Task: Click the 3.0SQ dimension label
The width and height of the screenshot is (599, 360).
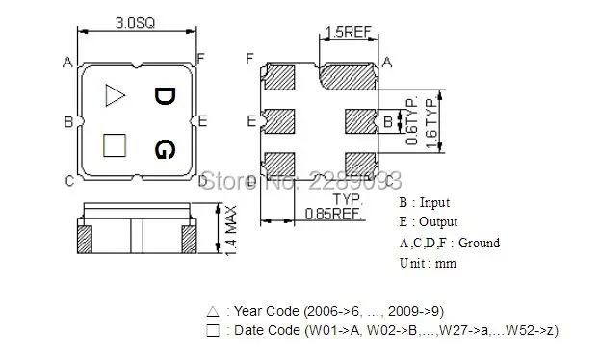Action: [133, 20]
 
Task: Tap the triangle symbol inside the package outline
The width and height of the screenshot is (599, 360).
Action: [115, 94]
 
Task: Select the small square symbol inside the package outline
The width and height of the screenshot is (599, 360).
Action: [115, 144]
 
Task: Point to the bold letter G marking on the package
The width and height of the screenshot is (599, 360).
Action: [165, 149]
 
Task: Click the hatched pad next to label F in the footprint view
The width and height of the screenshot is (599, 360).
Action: [280, 75]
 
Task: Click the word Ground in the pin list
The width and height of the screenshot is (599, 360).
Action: [479, 243]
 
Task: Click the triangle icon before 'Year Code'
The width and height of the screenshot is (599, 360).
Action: [213, 313]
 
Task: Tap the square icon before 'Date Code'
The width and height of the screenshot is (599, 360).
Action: [213, 331]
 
